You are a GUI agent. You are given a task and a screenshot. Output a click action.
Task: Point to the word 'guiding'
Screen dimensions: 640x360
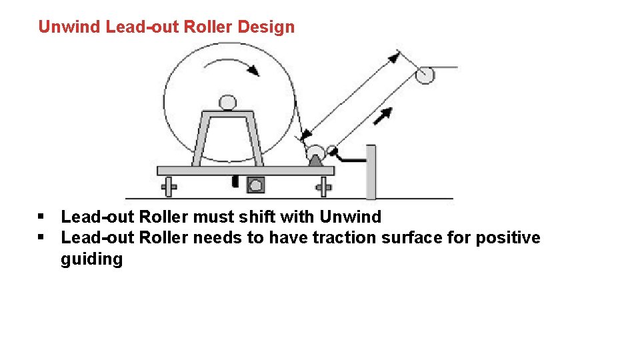91,259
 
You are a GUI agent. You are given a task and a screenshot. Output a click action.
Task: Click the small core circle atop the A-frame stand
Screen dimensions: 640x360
228,103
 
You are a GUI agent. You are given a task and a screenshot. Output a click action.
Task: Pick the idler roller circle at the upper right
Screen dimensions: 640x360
425,75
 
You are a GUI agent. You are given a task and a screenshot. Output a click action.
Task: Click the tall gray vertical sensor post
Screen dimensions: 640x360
371,171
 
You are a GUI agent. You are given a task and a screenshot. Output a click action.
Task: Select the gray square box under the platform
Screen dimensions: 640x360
255,185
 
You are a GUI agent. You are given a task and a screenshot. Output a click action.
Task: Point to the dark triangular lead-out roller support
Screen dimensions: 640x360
315,161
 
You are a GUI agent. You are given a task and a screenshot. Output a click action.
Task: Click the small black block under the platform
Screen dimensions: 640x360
235,181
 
